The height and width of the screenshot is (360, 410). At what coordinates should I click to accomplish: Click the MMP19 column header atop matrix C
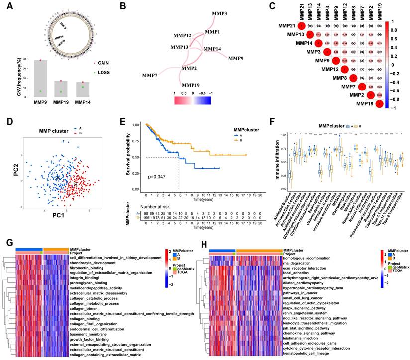point(380,10)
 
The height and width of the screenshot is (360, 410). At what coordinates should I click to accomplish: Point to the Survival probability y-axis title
point(130,156)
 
